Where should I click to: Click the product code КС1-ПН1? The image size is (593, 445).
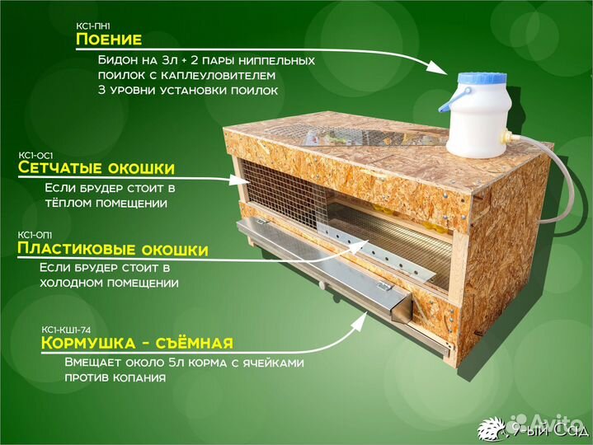coord(92,26)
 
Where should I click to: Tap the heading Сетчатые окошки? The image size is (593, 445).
coord(96,169)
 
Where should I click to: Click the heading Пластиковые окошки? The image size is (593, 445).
coord(112,249)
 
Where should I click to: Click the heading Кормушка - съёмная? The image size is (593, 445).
coord(137,343)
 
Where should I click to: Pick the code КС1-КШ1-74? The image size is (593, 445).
coord(68,329)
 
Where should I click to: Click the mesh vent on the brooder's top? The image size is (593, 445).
coord(330,133)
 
